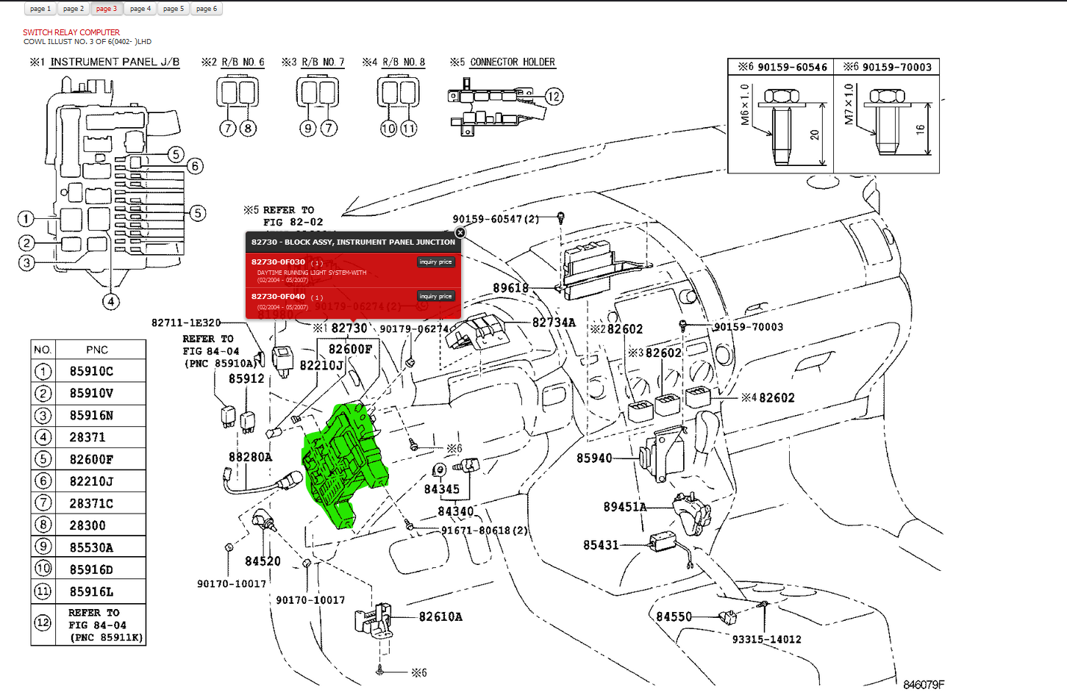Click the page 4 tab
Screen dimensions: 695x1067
140,9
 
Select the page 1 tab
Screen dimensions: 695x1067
40,9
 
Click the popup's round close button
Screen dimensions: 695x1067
460,232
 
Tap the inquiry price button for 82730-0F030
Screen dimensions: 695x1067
436,262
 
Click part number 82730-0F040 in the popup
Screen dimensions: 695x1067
278,297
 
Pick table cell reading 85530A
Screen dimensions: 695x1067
92,547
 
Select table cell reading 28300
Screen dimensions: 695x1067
88,525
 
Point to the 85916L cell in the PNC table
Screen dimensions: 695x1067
92,591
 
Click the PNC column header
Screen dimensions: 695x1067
97,350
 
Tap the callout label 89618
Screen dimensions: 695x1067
510,288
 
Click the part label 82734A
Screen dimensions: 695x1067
554,323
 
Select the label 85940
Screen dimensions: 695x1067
594,458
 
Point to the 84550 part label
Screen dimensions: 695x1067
674,617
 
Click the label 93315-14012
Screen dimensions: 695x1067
766,639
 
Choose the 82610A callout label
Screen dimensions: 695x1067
440,617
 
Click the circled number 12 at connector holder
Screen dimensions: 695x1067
554,96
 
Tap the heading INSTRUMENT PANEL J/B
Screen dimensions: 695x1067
115,62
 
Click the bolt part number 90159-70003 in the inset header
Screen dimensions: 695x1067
896,67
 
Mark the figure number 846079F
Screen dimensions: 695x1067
923,685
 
